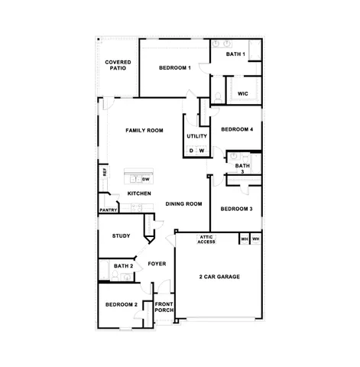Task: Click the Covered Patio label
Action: coord(118,65)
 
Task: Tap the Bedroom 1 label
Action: coord(174,69)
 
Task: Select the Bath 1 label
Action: coord(235,54)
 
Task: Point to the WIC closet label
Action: coord(243,93)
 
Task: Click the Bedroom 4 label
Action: coord(237,129)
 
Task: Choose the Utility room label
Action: coord(196,136)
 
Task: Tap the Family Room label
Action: coord(144,131)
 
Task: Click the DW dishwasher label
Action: coord(145,179)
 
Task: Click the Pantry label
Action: coord(108,209)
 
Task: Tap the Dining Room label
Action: coord(183,203)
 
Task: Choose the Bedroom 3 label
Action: coord(236,209)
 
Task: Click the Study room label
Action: coord(121,236)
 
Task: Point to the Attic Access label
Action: coord(206,239)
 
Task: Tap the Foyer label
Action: coord(157,264)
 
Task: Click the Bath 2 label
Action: coord(124,266)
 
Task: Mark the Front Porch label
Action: coord(164,306)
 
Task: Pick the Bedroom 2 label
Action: coord(121,305)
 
